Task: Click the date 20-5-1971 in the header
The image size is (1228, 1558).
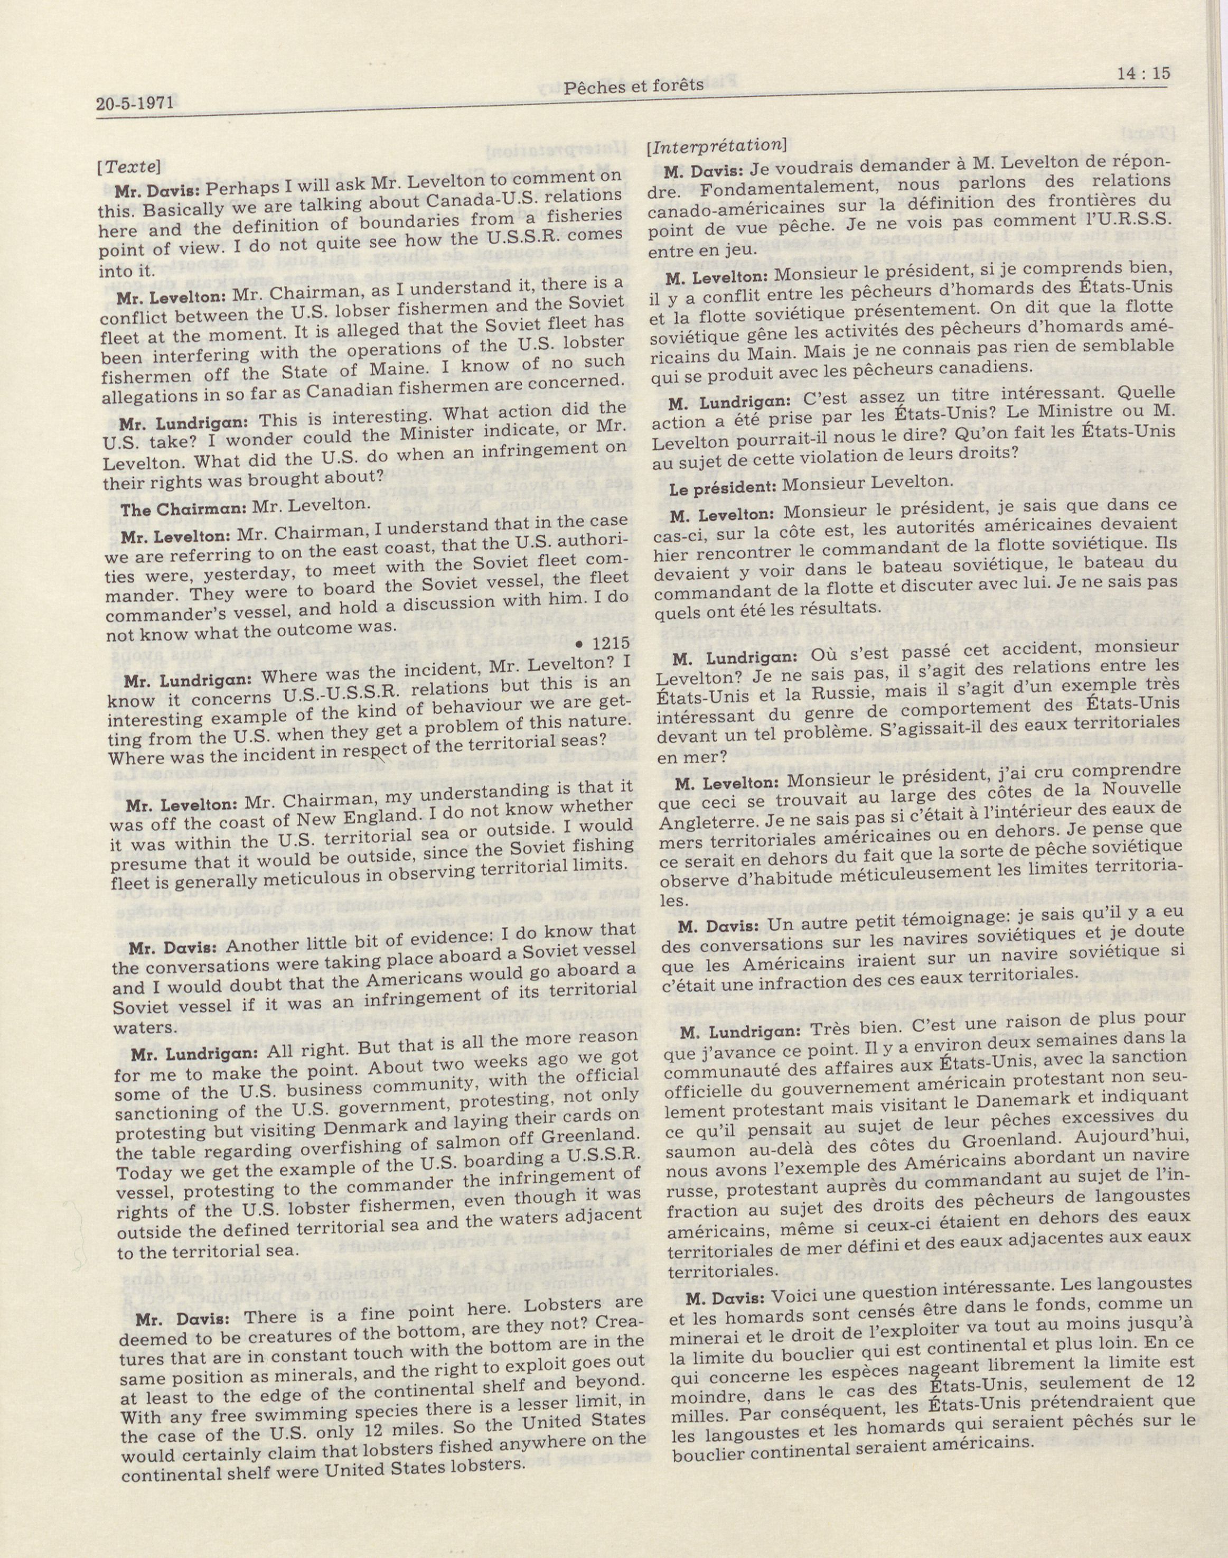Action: pos(135,104)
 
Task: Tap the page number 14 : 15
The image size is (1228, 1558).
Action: pos(1145,72)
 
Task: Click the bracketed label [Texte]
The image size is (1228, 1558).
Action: pos(127,165)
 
